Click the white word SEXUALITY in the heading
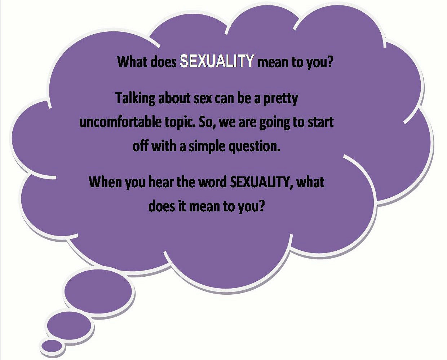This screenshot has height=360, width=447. click(217, 61)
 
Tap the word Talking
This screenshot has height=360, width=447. click(136, 99)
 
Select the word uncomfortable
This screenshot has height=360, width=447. click(120, 122)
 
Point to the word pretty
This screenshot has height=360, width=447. click(281, 99)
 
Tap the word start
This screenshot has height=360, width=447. click(320, 122)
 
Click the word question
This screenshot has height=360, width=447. click(254, 147)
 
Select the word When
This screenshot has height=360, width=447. click(106, 182)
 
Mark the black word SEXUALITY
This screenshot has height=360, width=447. click(261, 183)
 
